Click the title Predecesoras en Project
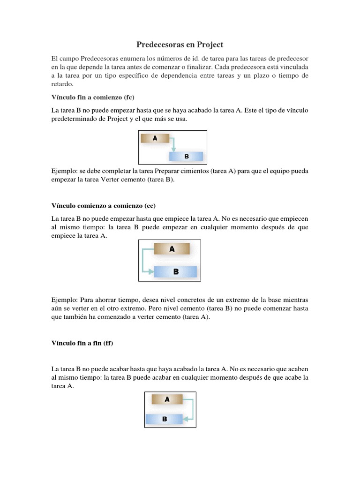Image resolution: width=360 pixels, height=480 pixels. pos(180,45)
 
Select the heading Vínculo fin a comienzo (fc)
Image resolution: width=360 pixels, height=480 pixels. pos(93,97)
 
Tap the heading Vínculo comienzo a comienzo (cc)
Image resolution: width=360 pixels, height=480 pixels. pos(103,206)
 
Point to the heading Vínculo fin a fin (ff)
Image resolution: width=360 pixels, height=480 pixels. pos(82,343)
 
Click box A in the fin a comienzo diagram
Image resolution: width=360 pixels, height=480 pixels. pos(155,138)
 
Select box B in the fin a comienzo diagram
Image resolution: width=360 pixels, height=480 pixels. pos(186,156)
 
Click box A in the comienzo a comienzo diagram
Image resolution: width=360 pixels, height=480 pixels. pos(172,249)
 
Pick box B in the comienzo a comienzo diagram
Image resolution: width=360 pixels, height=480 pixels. pos(176,271)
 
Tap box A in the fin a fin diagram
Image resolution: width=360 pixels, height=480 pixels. pos(166,399)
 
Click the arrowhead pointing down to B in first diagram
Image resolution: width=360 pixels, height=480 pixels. pos(174,150)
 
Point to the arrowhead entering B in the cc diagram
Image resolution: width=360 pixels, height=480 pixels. pos(150,271)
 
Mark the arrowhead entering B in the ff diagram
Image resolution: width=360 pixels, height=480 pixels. pos(185,419)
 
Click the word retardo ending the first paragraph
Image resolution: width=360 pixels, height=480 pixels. pos(62,84)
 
